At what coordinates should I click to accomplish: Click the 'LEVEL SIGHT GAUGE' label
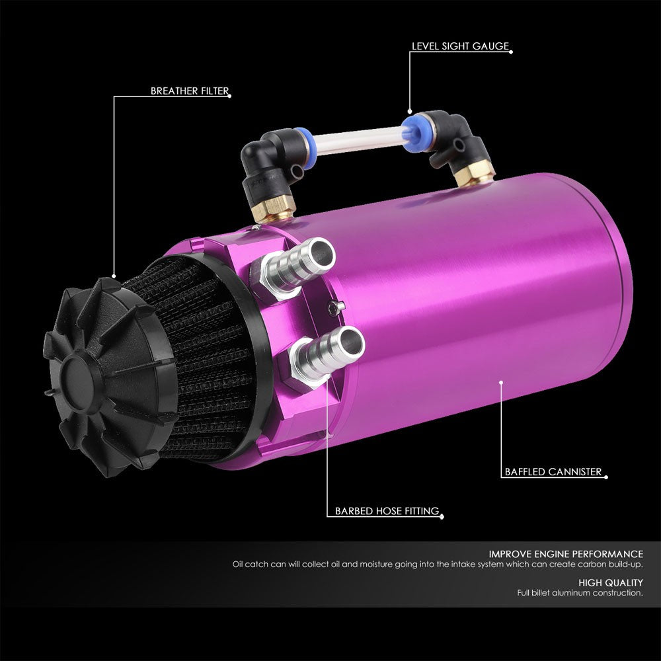461,47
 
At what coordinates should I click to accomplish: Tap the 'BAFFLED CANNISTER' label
552,472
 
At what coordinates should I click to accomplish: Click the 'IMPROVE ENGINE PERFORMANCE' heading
566,554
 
